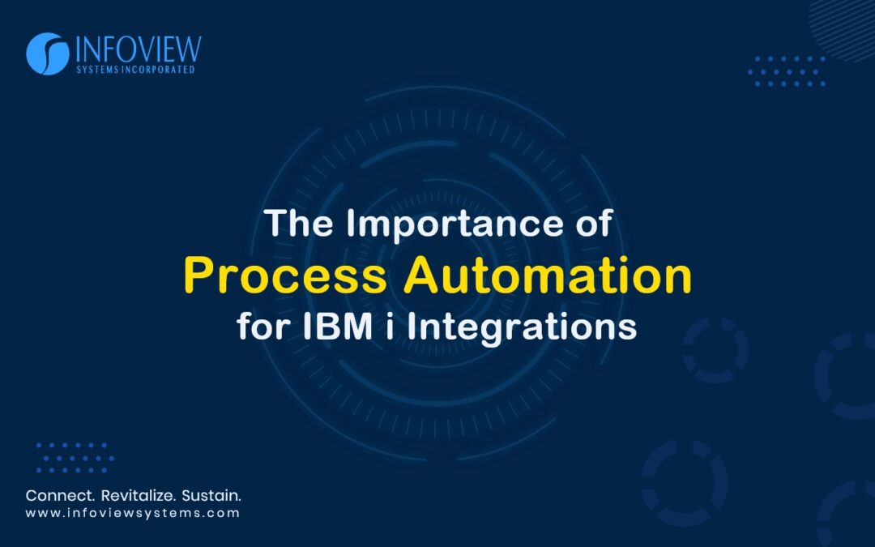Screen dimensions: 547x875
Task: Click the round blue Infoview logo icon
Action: pos(47,53)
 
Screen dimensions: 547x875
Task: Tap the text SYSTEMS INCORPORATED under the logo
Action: pos(136,71)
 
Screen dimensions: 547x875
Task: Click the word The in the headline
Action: pos(301,225)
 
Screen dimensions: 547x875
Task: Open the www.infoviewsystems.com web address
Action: pos(133,513)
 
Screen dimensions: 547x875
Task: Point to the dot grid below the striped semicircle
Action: pos(786,71)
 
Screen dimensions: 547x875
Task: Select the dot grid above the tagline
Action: pos(75,458)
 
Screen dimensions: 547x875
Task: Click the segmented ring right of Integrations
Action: pos(714,349)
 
